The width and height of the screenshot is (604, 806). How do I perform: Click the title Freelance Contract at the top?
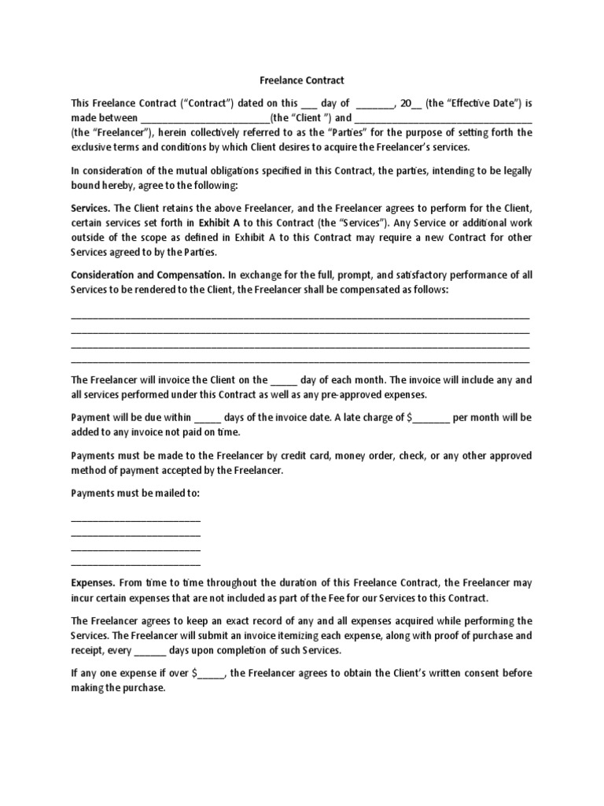(302, 80)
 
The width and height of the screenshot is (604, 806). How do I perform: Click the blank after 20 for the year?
(417, 104)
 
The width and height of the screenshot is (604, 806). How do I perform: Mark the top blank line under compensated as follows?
(300, 316)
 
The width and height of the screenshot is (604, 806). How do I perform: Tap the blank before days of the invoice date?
(208, 418)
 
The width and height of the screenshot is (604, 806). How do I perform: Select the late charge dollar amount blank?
(431, 418)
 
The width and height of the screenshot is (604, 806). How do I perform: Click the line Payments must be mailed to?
(135, 494)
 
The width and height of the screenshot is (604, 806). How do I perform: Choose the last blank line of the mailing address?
(135, 564)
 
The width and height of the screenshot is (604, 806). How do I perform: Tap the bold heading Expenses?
(94, 583)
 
